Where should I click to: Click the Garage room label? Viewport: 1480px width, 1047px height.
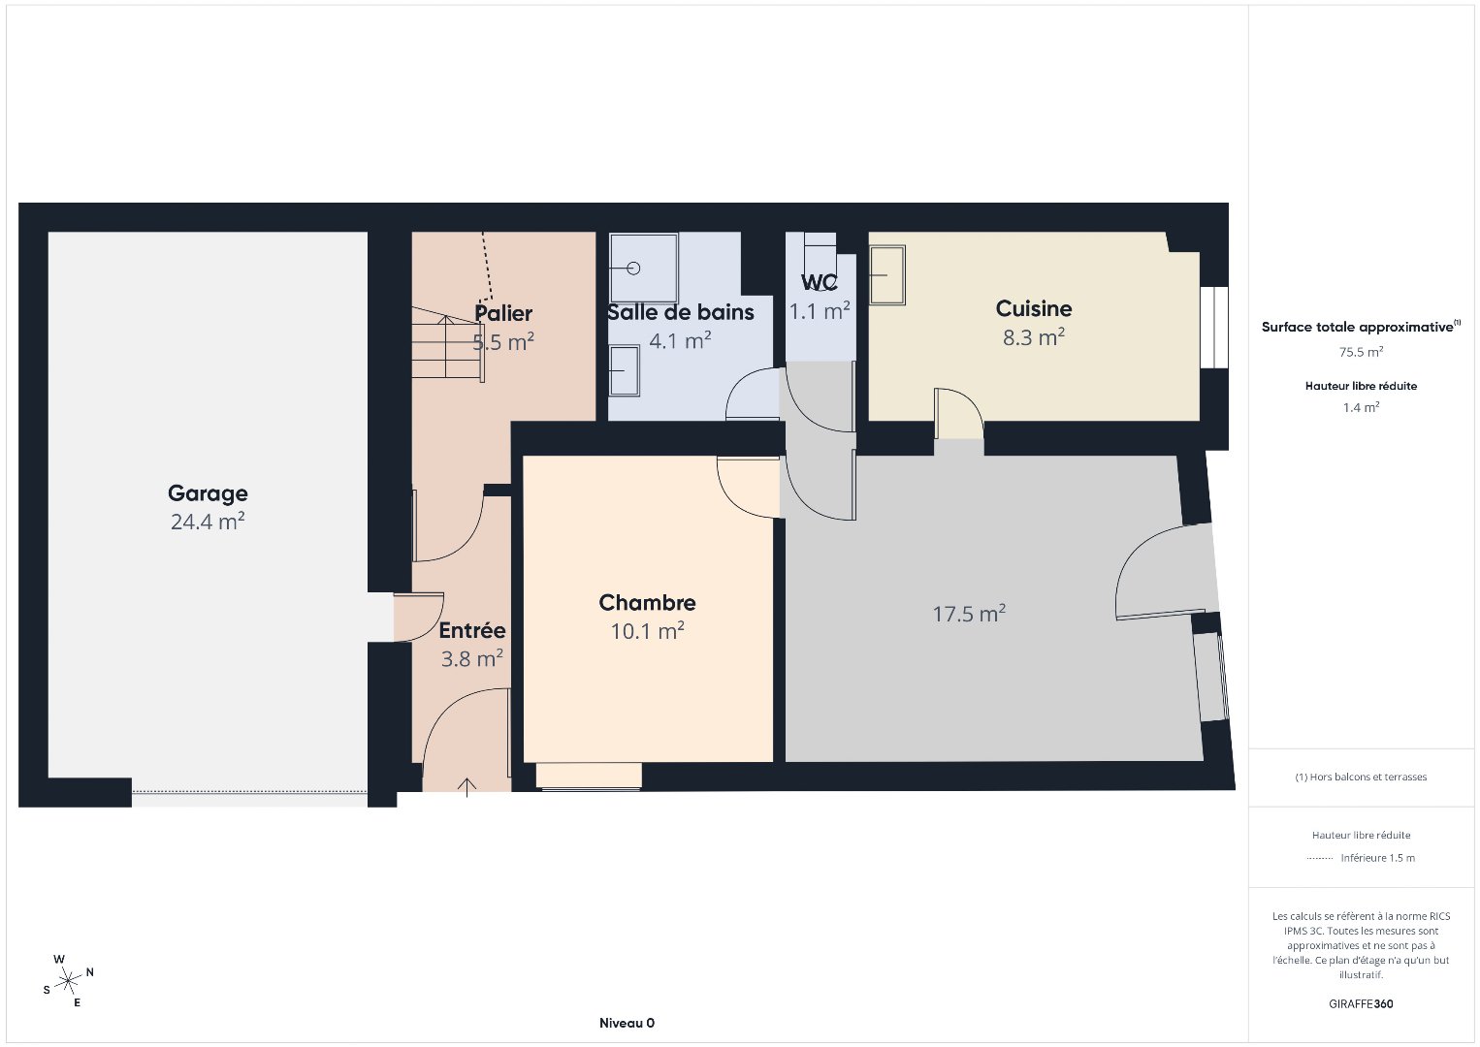[208, 493]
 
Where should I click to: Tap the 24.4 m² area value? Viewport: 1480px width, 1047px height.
[208, 522]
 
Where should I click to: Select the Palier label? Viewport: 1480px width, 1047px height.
[503, 313]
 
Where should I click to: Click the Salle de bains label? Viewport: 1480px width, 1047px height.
[681, 312]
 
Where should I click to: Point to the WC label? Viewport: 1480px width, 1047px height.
[820, 283]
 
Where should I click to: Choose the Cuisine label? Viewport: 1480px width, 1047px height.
[1034, 308]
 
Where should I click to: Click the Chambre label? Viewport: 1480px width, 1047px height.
[648, 602]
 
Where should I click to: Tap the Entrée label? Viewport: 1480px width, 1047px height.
[472, 630]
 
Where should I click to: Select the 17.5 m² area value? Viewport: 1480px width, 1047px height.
[969, 614]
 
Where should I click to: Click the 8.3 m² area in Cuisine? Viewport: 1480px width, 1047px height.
[1034, 337]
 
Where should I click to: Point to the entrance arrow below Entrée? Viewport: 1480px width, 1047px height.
[467, 787]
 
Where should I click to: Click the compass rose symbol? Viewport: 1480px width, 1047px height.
[68, 982]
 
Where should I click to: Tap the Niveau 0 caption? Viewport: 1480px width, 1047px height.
[627, 1023]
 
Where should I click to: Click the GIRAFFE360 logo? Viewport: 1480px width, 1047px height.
[1361, 1004]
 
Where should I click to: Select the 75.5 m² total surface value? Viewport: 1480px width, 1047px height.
[1361, 352]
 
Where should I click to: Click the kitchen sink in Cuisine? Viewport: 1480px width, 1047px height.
[887, 275]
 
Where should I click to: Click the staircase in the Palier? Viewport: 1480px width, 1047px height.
[448, 344]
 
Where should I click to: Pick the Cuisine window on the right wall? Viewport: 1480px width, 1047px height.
[1214, 328]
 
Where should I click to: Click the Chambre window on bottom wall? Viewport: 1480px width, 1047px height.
[589, 777]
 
